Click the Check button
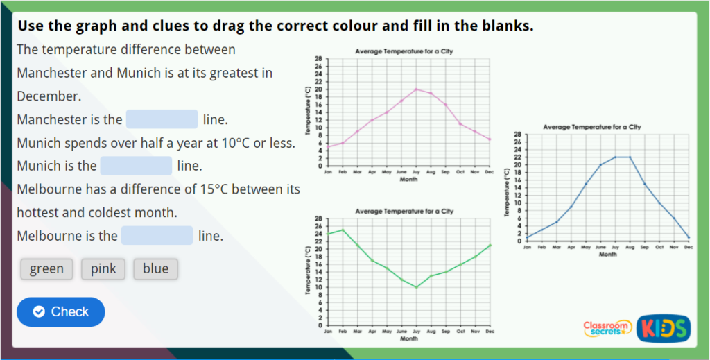[x=61, y=312]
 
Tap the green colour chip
[x=46, y=269]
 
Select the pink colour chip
[x=103, y=269]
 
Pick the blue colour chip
[x=155, y=269]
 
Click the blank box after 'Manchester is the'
[x=162, y=119]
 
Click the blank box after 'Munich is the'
[x=136, y=166]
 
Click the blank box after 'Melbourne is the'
[x=157, y=236]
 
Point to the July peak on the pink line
[x=416, y=89]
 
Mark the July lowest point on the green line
[x=416, y=287]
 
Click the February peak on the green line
[x=343, y=230]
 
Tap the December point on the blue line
[x=689, y=237]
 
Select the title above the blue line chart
[x=592, y=127]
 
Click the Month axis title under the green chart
[x=409, y=338]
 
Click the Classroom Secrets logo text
[x=607, y=328]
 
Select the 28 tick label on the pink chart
[x=318, y=59]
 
